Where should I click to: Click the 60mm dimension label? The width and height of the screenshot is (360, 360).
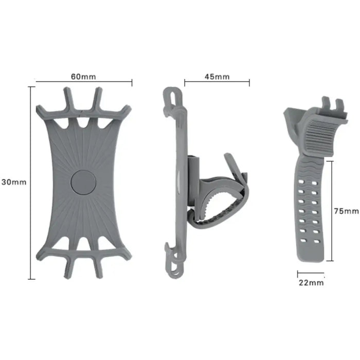pos(83,77)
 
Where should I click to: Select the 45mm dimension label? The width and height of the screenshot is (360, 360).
pos(217,77)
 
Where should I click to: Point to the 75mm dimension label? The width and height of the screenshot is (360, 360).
pos(346,211)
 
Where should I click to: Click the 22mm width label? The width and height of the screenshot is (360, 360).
pos(311,282)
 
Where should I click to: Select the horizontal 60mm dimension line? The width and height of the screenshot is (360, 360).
pos(84,81)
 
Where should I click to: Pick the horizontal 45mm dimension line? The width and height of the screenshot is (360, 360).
pos(217,81)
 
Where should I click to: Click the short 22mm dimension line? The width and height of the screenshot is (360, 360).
pos(311,273)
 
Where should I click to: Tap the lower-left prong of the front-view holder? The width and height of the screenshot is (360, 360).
pos(68,267)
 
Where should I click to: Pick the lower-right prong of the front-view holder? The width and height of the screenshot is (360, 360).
pos(98,267)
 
